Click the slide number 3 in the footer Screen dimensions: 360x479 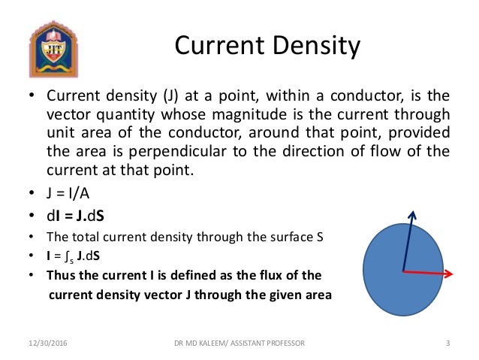coord(447,343)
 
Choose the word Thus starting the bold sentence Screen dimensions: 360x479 coord(62,274)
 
